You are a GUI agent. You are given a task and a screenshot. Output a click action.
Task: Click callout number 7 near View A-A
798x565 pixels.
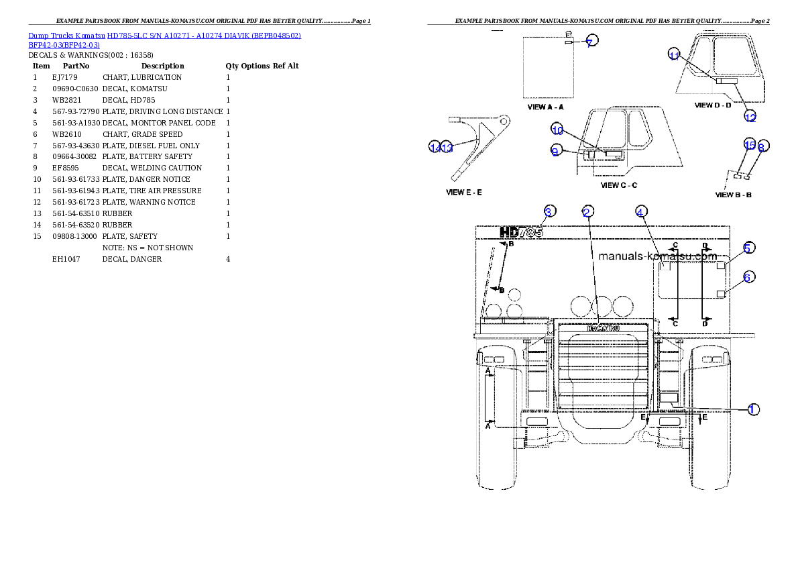click(591, 41)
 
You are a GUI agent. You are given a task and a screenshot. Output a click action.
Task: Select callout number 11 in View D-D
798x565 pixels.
click(675, 55)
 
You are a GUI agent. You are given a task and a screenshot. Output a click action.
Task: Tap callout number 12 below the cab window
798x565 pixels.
click(750, 117)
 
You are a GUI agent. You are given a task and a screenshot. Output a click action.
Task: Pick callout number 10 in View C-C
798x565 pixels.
click(558, 129)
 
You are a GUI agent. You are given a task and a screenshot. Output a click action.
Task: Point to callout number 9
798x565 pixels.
click(555, 151)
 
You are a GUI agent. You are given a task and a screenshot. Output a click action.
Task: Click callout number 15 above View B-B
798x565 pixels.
click(750, 144)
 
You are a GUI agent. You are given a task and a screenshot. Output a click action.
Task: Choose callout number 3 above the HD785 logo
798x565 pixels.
click(549, 212)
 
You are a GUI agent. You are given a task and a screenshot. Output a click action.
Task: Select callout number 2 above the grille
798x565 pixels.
click(587, 212)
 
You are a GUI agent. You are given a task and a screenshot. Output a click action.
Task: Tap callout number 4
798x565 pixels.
click(641, 212)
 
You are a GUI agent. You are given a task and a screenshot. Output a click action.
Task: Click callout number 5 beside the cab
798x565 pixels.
click(749, 248)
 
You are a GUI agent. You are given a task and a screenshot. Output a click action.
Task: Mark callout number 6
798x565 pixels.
click(749, 276)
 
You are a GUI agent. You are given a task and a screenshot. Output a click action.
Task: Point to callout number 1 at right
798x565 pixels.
click(753, 409)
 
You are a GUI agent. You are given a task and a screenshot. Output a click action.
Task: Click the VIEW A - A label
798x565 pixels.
click(546, 107)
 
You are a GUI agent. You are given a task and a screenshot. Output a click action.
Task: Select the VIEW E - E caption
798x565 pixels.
click(464, 192)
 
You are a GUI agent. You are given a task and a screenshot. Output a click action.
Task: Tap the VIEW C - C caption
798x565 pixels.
click(619, 185)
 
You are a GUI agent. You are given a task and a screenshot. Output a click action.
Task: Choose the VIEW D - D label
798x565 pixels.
click(713, 105)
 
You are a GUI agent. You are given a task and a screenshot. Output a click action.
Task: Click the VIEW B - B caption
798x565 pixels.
click(734, 195)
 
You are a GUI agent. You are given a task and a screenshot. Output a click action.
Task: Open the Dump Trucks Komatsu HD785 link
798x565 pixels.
click(164, 35)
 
